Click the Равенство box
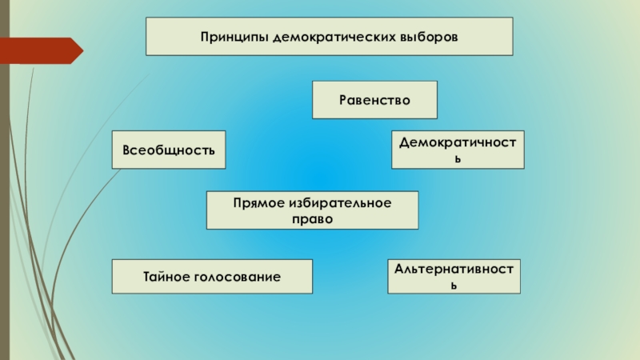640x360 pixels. coord(374,100)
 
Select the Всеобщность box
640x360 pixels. coord(169,150)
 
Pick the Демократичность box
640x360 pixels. coord(458,150)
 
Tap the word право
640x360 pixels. coord(312,218)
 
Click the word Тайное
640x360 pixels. coord(166,277)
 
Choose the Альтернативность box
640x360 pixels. coord(454,276)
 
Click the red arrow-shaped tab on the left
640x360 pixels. coord(44,50)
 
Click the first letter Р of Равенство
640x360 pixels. coord(342,101)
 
